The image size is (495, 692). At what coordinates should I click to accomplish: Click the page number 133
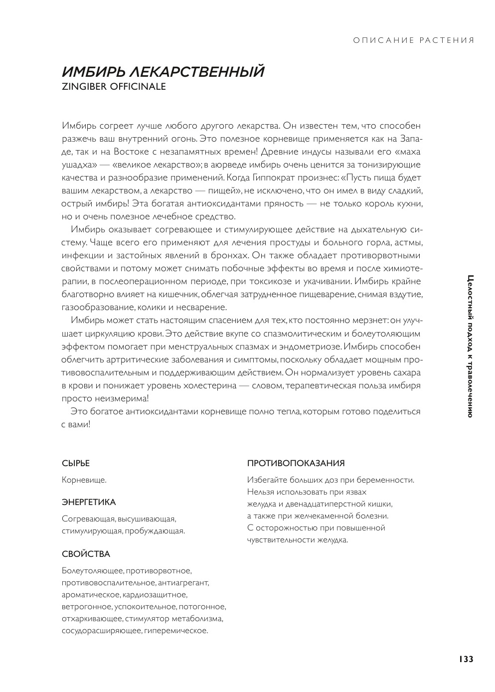pyautogui.click(x=466, y=659)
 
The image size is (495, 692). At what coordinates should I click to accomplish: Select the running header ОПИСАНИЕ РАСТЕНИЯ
pyautogui.click(x=413, y=40)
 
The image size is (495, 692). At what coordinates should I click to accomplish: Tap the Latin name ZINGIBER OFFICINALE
pyautogui.click(x=113, y=86)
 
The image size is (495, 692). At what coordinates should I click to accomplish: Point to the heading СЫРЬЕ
pyautogui.click(x=76, y=463)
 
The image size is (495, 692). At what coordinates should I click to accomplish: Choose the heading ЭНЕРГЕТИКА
pyautogui.click(x=89, y=502)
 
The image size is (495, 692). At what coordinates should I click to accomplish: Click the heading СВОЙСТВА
pyautogui.click(x=86, y=554)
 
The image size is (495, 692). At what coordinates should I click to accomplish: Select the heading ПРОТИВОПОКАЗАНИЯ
pyautogui.click(x=296, y=463)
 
